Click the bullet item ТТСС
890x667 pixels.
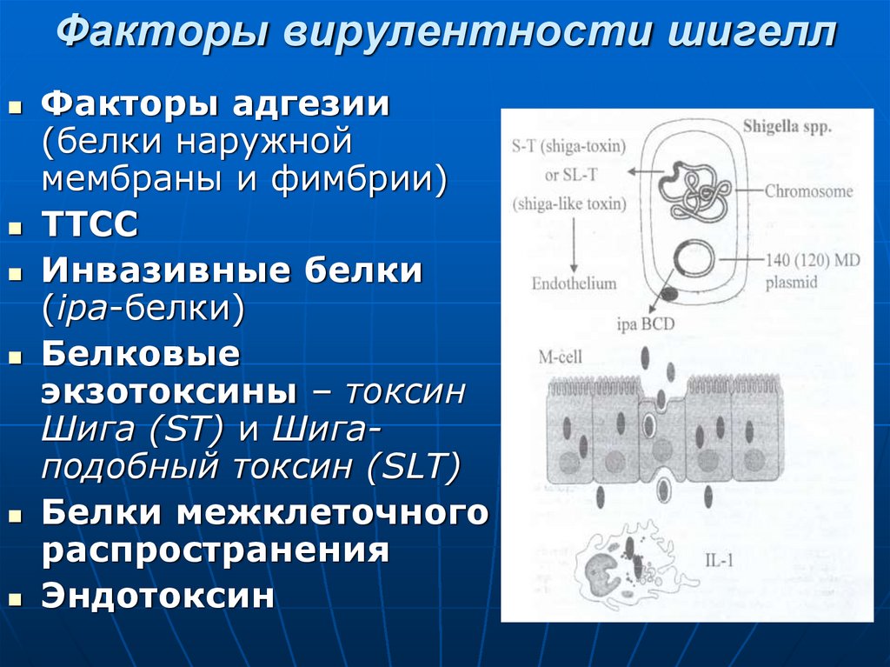[90, 225]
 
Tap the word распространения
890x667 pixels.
[215, 551]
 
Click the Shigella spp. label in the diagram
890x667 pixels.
[787, 126]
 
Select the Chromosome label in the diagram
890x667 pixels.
[808, 191]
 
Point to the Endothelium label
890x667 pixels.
[574, 283]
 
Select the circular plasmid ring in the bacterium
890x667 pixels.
[694, 259]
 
